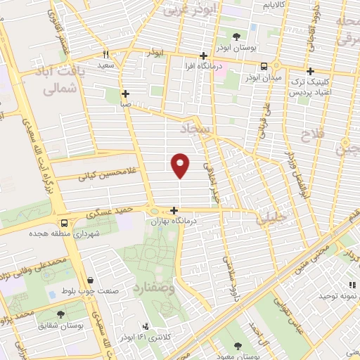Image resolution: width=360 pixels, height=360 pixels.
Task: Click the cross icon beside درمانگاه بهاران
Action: (174, 210)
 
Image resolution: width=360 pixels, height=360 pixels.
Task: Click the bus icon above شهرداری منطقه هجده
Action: (63, 219)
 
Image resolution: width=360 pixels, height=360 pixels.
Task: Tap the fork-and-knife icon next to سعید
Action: (105, 53)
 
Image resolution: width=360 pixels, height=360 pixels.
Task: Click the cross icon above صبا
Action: (125, 93)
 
